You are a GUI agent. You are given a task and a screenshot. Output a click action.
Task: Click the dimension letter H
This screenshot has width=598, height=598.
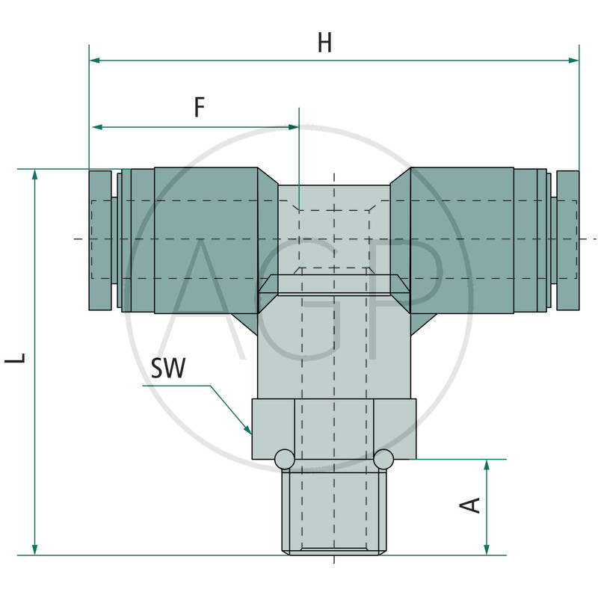click(325, 43)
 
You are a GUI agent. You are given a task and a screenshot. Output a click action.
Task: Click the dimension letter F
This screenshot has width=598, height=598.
click(200, 107)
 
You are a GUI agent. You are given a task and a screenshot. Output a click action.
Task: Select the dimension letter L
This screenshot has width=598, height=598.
click(15, 358)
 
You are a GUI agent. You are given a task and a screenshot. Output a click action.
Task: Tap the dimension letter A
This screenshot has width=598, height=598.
click(469, 505)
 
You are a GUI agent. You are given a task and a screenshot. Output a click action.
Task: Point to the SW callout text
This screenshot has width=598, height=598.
click(168, 368)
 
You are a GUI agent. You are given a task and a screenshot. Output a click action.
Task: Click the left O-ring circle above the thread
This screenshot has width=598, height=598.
click(285, 459)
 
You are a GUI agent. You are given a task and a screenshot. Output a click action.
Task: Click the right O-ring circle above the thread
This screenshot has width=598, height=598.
click(383, 459)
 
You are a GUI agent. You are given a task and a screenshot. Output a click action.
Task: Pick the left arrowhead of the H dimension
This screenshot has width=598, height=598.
click(95, 61)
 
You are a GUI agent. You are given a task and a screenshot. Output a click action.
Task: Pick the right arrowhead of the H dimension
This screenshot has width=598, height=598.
click(573, 61)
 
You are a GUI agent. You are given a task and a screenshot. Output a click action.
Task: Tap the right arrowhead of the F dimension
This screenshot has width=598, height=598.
click(293, 127)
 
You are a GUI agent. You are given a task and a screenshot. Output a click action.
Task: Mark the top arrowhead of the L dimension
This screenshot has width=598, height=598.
click(34, 175)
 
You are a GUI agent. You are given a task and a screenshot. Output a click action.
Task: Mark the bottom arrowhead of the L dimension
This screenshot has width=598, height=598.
click(34, 549)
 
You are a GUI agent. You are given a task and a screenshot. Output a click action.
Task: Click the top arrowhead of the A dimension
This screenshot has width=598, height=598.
click(487, 465)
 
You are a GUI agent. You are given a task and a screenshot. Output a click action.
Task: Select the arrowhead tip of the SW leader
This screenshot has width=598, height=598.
click(251, 434)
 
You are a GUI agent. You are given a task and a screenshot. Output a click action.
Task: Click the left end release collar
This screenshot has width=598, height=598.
click(100, 240)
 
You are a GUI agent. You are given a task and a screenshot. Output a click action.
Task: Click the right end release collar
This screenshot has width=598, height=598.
click(568, 240)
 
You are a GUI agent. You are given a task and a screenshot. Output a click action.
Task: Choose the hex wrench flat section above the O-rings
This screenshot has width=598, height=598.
click(334, 428)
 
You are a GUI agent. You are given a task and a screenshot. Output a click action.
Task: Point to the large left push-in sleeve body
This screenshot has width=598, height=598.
click(206, 240)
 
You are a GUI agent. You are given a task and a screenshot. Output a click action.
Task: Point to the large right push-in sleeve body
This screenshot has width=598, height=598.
click(462, 240)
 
